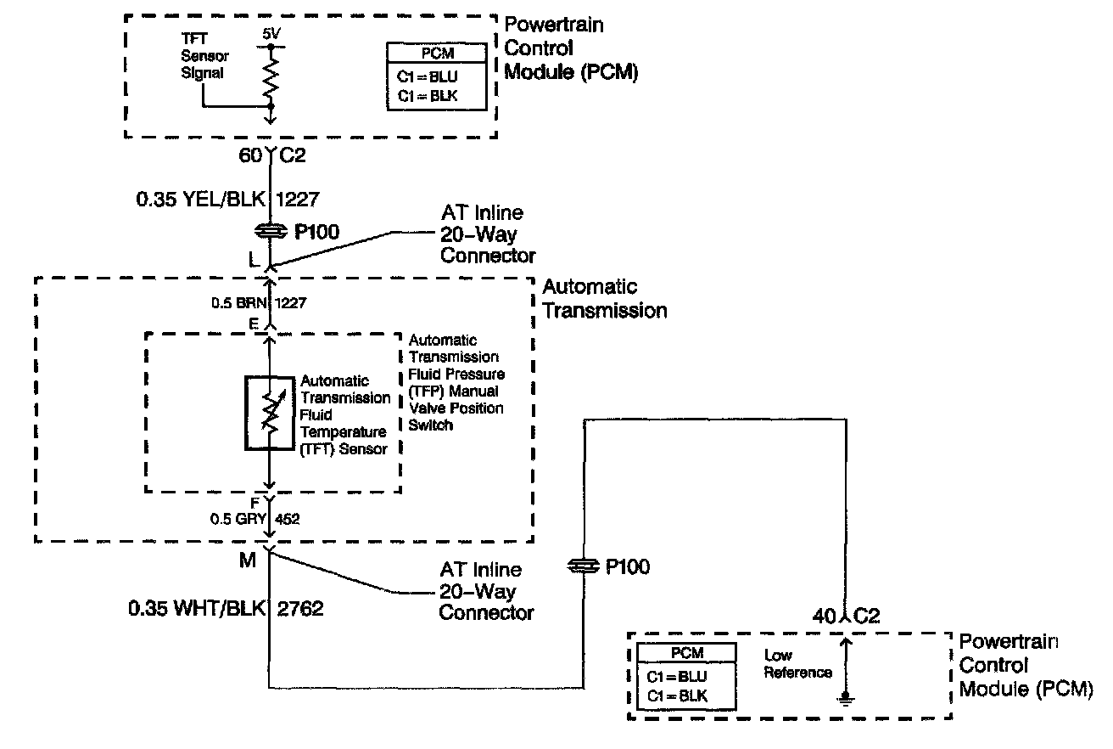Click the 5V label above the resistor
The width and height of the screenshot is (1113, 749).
coord(270,34)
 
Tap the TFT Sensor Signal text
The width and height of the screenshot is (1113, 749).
coord(203,56)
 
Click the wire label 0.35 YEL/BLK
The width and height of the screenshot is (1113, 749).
coord(200,202)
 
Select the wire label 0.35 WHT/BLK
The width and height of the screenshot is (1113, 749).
coord(197,609)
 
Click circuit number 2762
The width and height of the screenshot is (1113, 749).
coord(300,609)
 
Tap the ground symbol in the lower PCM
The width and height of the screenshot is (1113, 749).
coord(844,699)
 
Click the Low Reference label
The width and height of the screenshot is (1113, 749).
coord(797,664)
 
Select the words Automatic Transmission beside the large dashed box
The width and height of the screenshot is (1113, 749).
coord(604,299)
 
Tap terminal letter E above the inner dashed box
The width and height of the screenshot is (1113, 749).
coord(254,324)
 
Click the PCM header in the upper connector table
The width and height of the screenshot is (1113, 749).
coord(437,53)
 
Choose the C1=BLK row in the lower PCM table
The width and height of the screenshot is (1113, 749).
coord(676,696)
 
